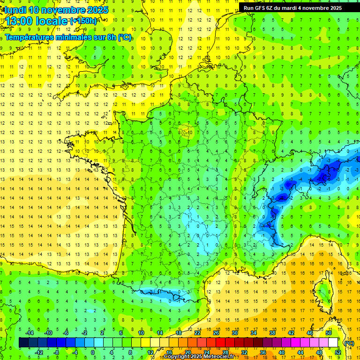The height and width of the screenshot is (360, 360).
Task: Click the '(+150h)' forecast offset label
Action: [x=83, y=21]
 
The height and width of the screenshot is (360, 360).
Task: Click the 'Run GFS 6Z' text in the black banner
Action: [x=259, y=7]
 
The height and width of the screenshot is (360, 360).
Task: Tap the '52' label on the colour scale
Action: [x=338, y=352]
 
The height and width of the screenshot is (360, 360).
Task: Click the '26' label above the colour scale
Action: [x=216, y=332]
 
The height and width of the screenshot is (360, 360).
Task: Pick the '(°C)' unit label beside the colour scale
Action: [x=349, y=343]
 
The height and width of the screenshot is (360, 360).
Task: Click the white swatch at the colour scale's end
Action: [x=333, y=342]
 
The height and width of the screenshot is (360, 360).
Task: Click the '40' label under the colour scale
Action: [x=282, y=352]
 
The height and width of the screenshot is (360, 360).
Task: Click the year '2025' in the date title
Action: [x=95, y=9]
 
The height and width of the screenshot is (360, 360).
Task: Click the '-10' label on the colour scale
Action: [x=48, y=332]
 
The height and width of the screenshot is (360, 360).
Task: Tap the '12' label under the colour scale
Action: [x=150, y=352]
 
